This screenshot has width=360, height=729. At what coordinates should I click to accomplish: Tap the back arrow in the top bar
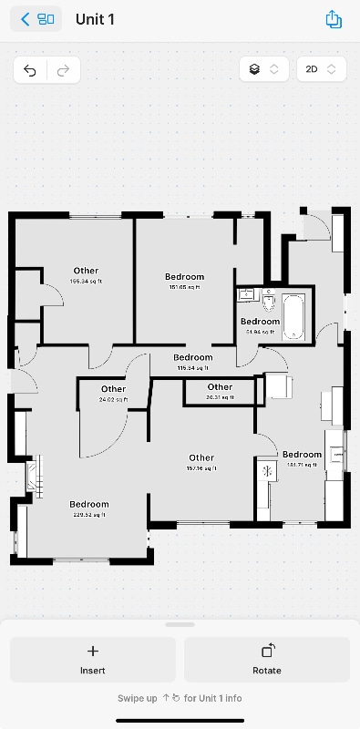26,19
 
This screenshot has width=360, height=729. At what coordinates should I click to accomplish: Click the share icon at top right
333,19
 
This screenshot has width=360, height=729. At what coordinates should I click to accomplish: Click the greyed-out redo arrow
63,69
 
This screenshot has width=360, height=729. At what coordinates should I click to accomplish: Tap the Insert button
92,659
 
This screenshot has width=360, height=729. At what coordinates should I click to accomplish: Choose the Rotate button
267,659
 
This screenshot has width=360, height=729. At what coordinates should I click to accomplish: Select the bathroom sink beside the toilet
247,294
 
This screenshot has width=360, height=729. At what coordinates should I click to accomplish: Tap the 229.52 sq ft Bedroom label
89,508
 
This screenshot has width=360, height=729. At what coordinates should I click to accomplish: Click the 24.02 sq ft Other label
114,394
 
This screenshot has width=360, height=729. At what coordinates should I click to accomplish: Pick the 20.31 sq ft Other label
220,391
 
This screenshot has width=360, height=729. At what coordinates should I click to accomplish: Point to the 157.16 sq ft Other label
201,462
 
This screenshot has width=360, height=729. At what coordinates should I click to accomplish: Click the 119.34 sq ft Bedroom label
193,362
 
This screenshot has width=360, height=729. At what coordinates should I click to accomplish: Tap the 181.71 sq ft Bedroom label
302,458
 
